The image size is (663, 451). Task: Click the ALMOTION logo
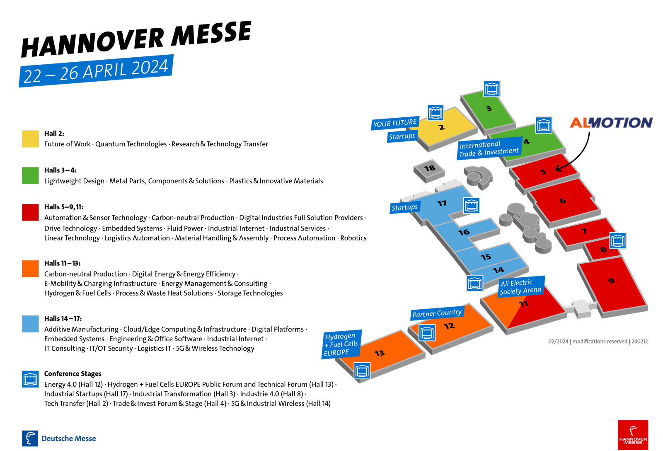click(611, 123)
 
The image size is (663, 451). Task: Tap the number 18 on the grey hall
click(429, 168)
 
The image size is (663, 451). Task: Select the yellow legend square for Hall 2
click(30, 138)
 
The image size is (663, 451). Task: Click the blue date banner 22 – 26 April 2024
click(96, 71)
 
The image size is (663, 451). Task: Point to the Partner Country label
click(437, 313)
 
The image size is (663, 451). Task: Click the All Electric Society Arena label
click(520, 287)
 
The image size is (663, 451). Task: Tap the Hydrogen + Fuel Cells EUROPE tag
click(341, 344)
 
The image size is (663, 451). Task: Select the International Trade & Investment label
click(489, 148)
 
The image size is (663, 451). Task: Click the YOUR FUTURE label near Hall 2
click(395, 123)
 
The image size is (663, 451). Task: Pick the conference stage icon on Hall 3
click(491, 89)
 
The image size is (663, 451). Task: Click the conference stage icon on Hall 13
click(362, 371)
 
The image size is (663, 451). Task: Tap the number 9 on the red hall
click(611, 281)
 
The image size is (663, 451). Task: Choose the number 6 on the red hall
click(562, 201)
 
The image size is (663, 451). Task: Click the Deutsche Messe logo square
click(30, 438)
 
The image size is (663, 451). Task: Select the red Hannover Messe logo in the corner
click(633, 435)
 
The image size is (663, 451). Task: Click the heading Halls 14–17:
click(63, 318)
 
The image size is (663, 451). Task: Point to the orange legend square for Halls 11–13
click(30, 269)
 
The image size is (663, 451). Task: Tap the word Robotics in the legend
click(353, 238)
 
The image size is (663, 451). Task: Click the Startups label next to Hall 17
click(404, 207)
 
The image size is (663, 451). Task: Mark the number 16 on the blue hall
click(464, 232)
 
